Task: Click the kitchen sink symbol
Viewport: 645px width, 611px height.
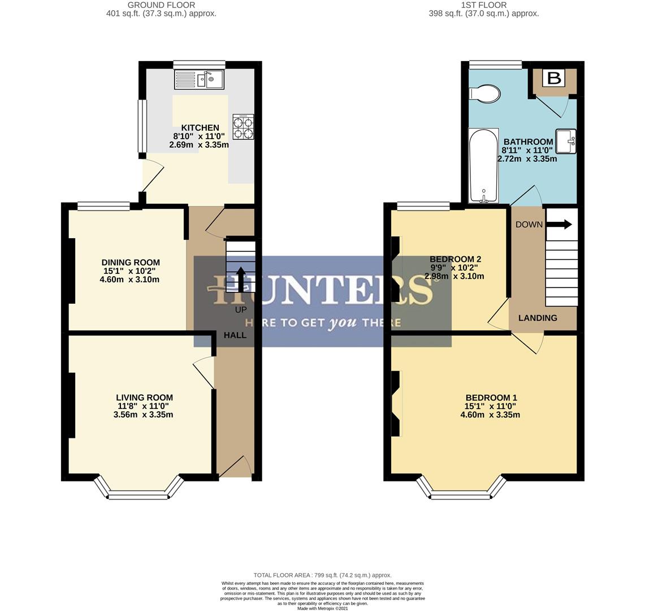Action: pos(200,79)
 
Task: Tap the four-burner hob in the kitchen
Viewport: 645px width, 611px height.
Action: pos(243,127)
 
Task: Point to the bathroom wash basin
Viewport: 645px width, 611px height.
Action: pos(566,141)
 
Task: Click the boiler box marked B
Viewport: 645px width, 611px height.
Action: pos(554,78)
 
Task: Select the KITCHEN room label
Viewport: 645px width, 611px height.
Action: pos(200,128)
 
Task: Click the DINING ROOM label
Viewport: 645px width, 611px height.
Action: pos(131,263)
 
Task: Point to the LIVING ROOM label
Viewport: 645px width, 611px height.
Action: pos(144,398)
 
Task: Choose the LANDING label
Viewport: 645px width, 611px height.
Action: pos(538,318)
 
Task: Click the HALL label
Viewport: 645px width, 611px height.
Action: pos(235,335)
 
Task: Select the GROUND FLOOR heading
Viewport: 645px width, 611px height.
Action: pos(161,5)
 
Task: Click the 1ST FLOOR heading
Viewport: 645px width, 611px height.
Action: pos(483,5)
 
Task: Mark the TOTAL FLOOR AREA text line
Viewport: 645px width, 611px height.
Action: pos(322,575)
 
